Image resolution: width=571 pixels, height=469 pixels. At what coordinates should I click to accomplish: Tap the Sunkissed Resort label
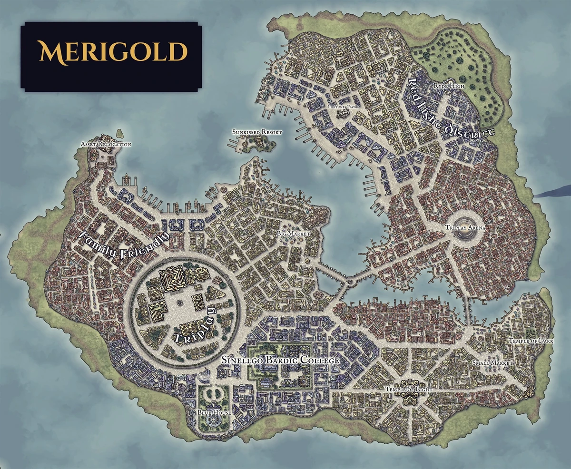257,132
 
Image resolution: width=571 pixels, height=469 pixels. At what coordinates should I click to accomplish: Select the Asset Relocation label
106,144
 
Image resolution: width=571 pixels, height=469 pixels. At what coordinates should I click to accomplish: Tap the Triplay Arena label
465,228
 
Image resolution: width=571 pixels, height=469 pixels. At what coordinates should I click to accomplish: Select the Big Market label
294,234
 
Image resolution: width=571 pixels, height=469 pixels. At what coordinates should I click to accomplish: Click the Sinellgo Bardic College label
281,361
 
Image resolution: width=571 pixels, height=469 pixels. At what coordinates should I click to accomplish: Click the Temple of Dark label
525,341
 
